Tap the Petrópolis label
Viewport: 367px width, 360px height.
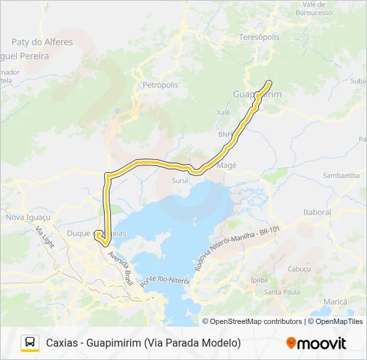(160, 85)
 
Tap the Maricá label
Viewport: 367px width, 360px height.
(334, 302)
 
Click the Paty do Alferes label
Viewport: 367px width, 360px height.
(43, 42)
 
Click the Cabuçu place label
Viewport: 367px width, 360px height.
(298, 268)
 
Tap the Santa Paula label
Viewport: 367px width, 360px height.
(282, 292)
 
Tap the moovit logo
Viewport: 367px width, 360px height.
(316, 343)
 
